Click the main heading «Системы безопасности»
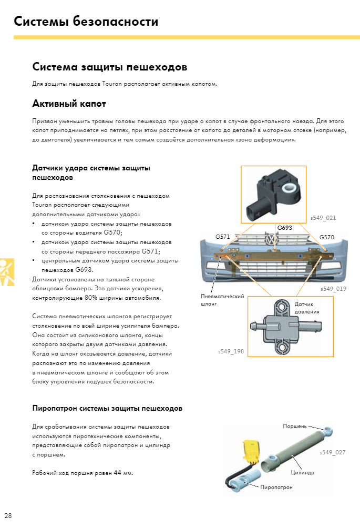coord(86,22)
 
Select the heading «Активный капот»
coord(69,103)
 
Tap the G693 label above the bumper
coord(284,228)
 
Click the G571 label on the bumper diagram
coord(222,237)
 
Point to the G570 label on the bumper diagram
coord(326,237)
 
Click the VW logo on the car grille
coord(272,241)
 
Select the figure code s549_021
coord(323,217)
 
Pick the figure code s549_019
coord(333,289)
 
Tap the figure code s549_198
coord(231,350)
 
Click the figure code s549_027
coord(332,452)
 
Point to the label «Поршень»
coord(294,426)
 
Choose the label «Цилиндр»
coord(302,472)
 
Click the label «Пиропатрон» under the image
coord(276,488)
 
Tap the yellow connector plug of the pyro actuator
coord(251,451)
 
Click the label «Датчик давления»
coord(306,308)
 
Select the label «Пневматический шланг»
coord(222,300)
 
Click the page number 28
coord(8,515)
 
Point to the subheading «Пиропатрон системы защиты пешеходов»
coord(107,408)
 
